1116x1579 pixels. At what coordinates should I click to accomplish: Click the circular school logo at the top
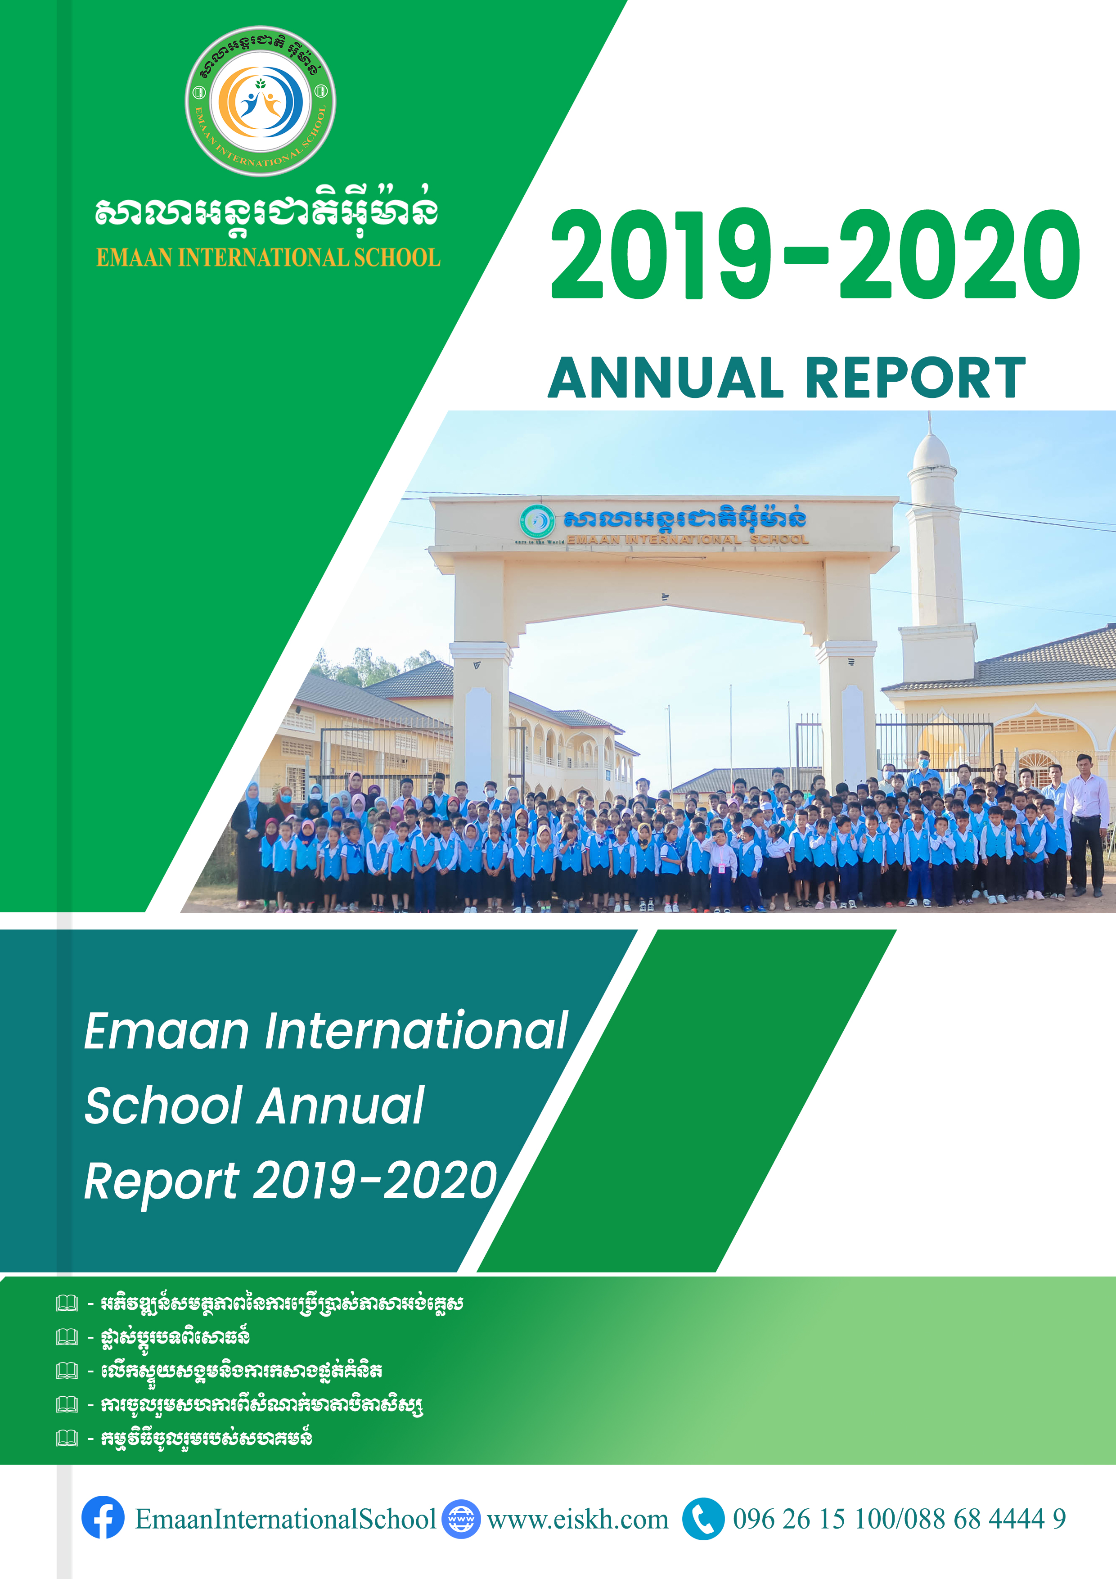[x=261, y=102]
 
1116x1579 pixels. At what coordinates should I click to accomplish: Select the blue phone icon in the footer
[x=703, y=1519]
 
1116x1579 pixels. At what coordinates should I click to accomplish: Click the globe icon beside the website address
[x=461, y=1519]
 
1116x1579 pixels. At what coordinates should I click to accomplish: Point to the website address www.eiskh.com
[x=578, y=1519]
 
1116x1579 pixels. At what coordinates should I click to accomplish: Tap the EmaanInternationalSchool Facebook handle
[x=285, y=1519]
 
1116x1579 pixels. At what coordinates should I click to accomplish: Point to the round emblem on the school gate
[x=537, y=521]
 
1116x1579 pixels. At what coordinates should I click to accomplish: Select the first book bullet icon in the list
[x=67, y=1303]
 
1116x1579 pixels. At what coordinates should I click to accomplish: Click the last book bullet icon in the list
[x=67, y=1438]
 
